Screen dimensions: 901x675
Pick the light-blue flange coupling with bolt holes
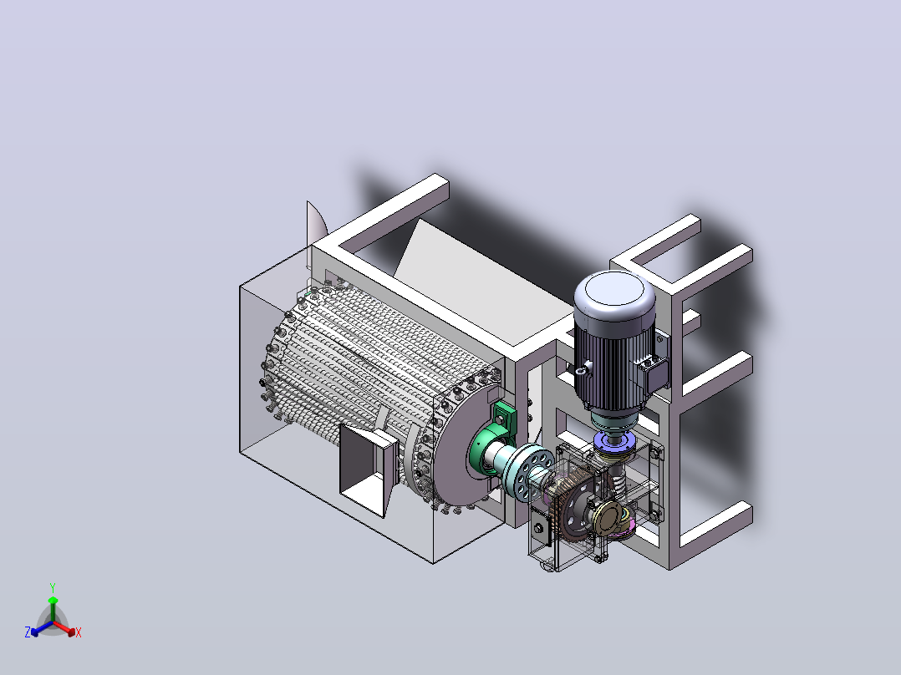528,469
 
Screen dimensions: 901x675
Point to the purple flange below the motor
613,441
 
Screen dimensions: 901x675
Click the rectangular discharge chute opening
367,469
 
